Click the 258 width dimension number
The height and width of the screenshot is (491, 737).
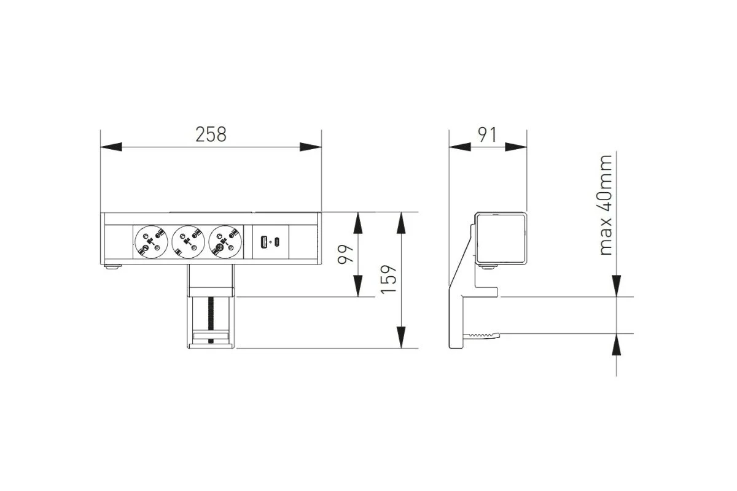click(211, 134)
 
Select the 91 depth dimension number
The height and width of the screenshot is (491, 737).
click(487, 134)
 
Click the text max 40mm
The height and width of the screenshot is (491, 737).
click(606, 205)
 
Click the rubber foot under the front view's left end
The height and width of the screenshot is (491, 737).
click(112, 268)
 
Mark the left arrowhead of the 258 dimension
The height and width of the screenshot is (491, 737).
click(111, 147)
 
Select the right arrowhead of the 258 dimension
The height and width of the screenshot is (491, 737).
click(310, 147)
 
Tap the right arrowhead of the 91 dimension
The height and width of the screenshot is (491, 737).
click(517, 147)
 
